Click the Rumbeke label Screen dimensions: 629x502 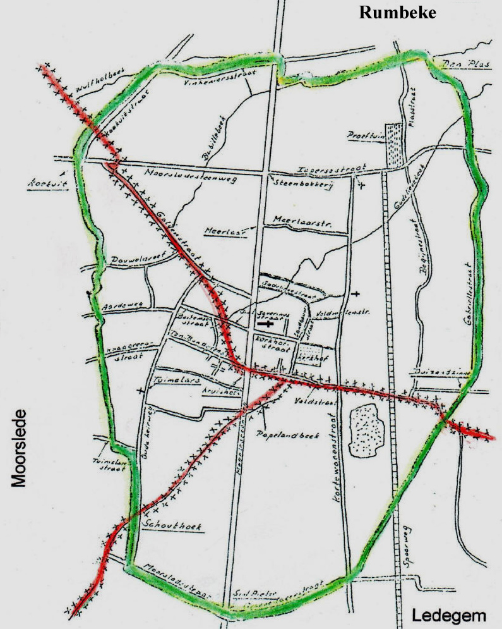397,13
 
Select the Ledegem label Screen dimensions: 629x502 449,616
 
